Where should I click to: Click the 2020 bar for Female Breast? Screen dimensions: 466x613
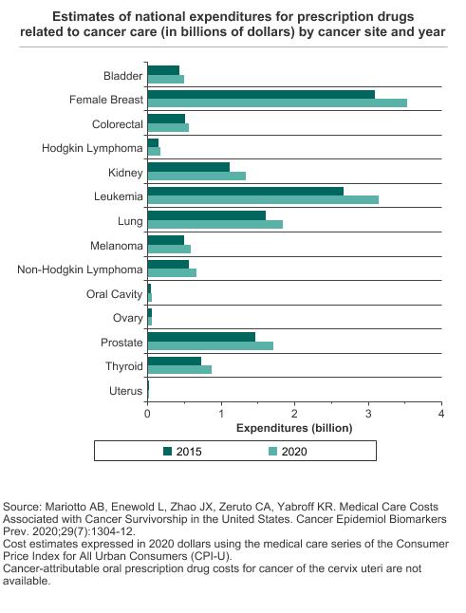(277, 102)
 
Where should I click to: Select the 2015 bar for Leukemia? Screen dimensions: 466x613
(246, 191)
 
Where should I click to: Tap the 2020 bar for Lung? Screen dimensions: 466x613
(215, 224)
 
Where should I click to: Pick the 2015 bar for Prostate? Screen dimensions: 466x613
(201, 337)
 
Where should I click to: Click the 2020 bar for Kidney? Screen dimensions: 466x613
(196, 176)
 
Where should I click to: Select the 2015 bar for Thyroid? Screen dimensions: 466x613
(175, 362)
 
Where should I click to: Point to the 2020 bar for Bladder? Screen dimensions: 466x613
(166, 80)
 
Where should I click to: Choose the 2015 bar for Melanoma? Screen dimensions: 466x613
(166, 240)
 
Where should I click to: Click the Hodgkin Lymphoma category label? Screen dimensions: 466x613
(92, 149)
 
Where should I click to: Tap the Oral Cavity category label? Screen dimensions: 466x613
(115, 294)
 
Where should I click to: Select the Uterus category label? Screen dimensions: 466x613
(126, 391)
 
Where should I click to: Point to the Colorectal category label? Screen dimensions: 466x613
(118, 124)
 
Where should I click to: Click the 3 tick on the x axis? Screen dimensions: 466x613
(368, 414)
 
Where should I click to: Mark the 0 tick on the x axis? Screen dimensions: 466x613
(147, 414)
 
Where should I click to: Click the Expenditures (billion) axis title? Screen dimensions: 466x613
(294, 428)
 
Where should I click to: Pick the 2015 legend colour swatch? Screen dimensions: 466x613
(168, 451)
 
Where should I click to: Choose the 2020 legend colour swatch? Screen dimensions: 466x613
(273, 451)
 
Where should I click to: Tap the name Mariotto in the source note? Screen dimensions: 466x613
(66, 507)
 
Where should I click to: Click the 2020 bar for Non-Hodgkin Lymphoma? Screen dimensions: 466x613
(172, 272)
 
